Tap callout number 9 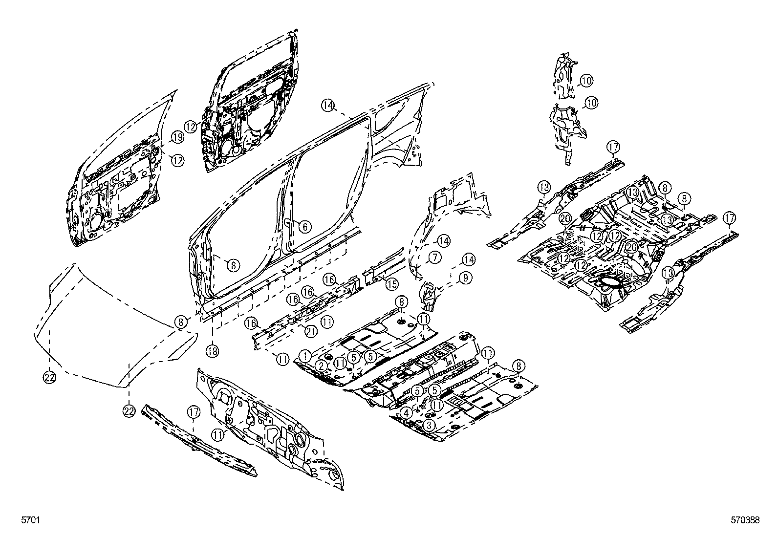coord(465,278)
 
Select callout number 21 coord(311,332)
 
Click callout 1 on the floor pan coord(305,356)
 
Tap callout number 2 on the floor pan coord(321,365)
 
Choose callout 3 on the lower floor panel coord(429,425)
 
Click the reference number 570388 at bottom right coord(745,521)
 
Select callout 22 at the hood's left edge coord(50,376)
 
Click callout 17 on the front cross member coord(194,413)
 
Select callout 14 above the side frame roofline coord(328,105)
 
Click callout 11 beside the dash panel coord(218,433)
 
